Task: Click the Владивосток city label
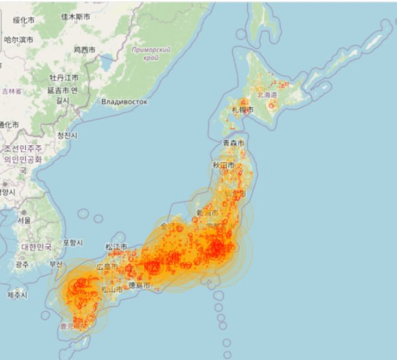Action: point(124,102)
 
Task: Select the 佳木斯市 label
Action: point(76,17)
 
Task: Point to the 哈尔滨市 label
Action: point(19,40)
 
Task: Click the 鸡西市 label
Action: point(85,50)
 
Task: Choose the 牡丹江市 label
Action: point(64,78)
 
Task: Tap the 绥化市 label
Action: point(24,20)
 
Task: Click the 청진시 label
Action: point(67,136)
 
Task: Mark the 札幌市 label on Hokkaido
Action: point(242,110)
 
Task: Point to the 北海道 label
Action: point(267,95)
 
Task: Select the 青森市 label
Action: point(233,143)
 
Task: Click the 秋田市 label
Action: point(224,164)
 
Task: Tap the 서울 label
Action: point(24,220)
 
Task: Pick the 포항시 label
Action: point(72,242)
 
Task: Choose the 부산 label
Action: point(56,264)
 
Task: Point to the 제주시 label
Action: point(17,295)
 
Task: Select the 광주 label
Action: point(22,265)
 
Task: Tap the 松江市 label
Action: point(116,247)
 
